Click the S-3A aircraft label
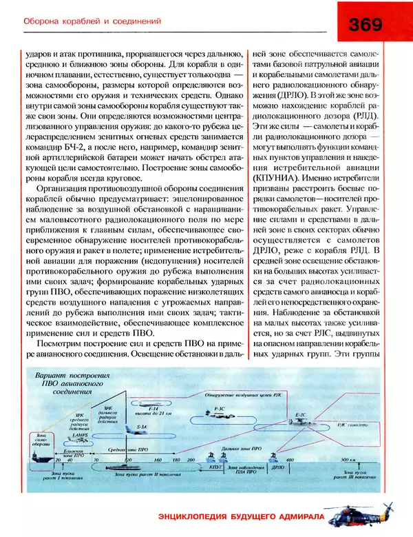tap(142, 427)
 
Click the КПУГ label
tap(215, 467)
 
